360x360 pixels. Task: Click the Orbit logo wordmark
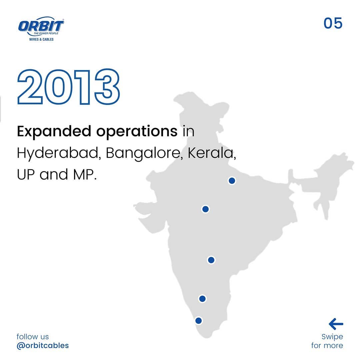(x=41, y=26)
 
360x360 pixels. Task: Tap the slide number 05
(x=333, y=24)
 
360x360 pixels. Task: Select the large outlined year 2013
(x=68, y=88)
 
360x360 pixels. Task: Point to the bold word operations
(x=137, y=132)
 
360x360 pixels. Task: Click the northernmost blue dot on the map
(x=232, y=181)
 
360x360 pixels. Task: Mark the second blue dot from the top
(x=205, y=209)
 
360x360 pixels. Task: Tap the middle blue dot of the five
(x=211, y=260)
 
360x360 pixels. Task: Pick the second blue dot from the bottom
(x=202, y=298)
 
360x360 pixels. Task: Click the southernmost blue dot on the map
(x=199, y=321)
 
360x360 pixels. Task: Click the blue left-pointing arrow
(x=336, y=324)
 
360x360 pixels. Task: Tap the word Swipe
(x=332, y=337)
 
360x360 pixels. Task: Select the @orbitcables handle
(x=43, y=345)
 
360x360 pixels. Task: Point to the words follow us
(x=33, y=337)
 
